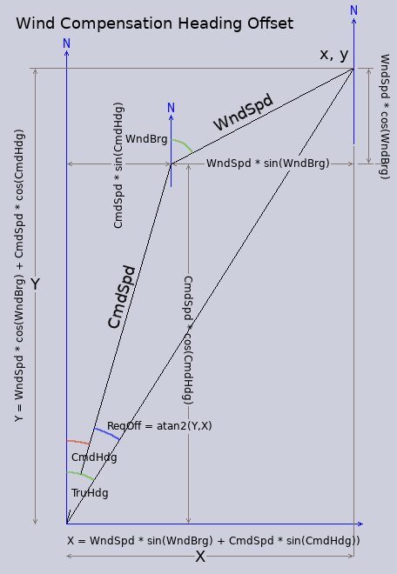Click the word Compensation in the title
tap(117, 24)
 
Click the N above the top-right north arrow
tap(353, 10)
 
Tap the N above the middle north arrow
tap(171, 108)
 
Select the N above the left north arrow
tap(66, 43)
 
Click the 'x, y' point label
tap(334, 55)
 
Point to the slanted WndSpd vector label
tap(244, 112)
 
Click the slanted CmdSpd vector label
tap(122, 297)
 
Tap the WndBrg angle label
tap(146, 139)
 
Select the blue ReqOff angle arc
tap(107, 433)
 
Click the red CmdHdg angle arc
tap(78, 442)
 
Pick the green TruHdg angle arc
tap(81, 475)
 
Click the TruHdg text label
tap(90, 493)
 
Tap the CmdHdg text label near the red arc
tap(94, 457)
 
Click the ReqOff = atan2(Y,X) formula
tap(159, 426)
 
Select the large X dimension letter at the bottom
tap(200, 557)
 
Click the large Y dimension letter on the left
tap(35, 284)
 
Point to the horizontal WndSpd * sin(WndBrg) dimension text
tap(268, 164)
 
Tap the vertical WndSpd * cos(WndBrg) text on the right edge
tap(384, 117)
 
